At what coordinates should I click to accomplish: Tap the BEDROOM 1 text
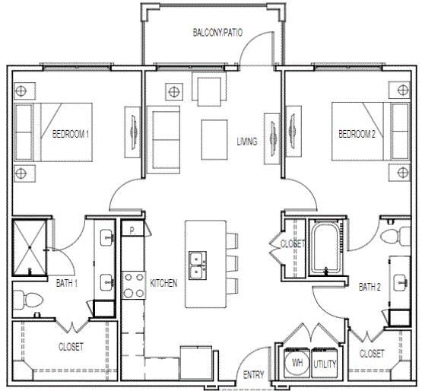point(71,134)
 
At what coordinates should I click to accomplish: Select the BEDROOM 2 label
point(357,134)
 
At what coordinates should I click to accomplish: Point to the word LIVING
point(246,141)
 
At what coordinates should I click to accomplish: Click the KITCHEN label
point(163,283)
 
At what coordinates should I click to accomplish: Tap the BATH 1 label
point(68,283)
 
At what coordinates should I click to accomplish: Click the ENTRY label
point(253,375)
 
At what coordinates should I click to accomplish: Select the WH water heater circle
point(297,364)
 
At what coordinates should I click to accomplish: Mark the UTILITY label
point(325,364)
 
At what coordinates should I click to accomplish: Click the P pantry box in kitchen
point(132,230)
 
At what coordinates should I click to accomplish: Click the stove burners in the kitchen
point(134,285)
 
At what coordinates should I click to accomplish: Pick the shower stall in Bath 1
point(30,248)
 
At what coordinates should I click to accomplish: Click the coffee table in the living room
point(214,132)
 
